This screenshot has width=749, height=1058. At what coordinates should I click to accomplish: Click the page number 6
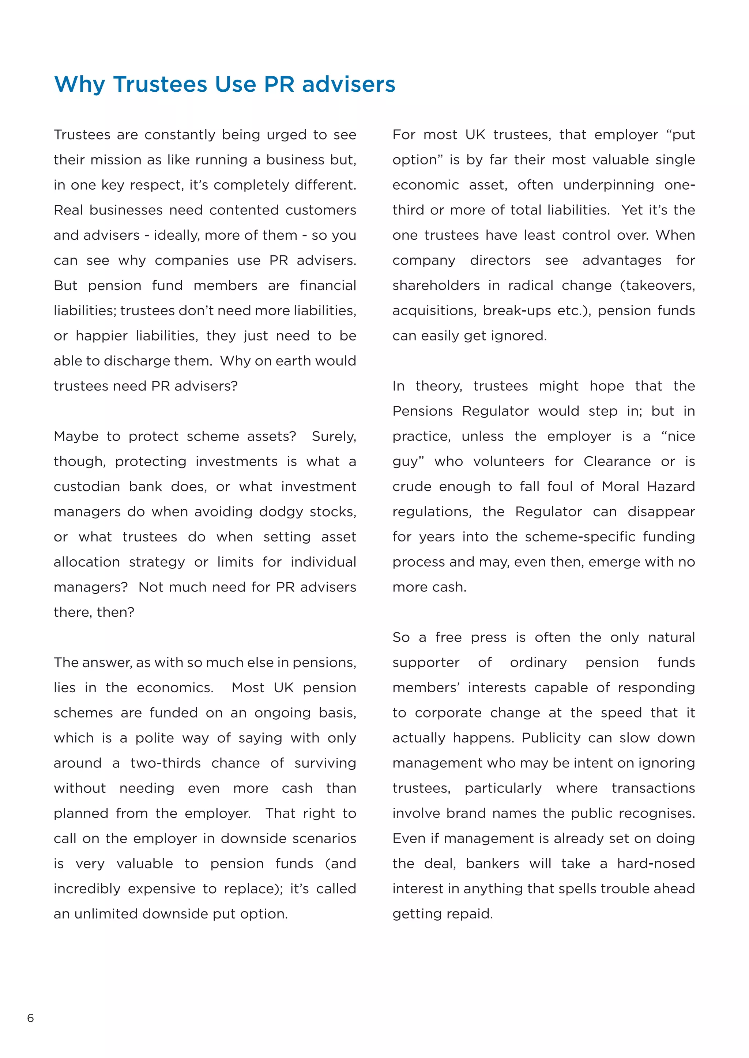[x=30, y=1018]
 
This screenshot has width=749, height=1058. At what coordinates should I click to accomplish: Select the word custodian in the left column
[x=86, y=487]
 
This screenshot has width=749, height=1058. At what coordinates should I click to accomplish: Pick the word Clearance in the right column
[x=617, y=461]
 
